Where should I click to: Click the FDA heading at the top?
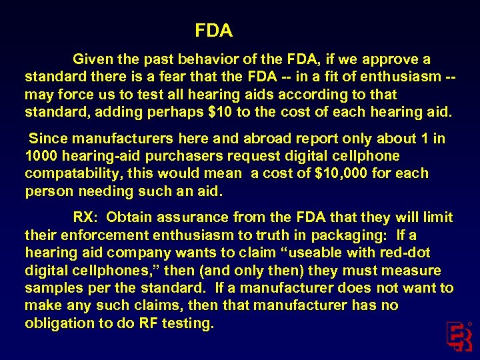pos(213,31)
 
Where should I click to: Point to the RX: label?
pos(87,217)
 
